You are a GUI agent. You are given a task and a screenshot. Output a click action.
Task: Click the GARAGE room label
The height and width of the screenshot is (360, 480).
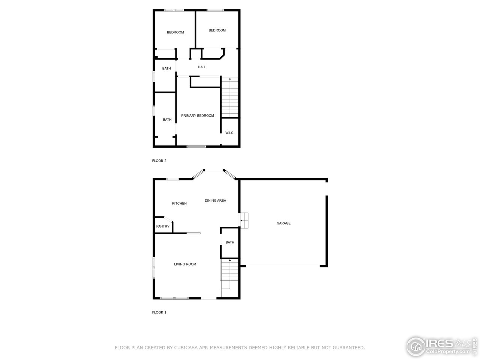(x=283, y=223)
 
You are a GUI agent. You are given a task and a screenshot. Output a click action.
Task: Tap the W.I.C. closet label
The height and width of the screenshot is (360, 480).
(x=229, y=133)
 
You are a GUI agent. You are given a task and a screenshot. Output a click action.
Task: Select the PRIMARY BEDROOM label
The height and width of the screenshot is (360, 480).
(x=198, y=115)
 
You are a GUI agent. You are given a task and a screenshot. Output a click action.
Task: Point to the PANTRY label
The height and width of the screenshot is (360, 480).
(x=163, y=226)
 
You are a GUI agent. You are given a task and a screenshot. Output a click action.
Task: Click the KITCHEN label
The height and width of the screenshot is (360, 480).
(x=179, y=204)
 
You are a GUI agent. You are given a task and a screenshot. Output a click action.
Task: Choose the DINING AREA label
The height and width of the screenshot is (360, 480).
(x=215, y=201)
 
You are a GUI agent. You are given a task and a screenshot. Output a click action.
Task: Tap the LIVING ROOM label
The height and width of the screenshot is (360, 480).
(x=185, y=264)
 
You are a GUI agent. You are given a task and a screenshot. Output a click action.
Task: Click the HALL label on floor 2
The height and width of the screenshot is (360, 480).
(x=202, y=67)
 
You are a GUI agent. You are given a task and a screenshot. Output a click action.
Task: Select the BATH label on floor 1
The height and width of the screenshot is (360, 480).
(x=230, y=243)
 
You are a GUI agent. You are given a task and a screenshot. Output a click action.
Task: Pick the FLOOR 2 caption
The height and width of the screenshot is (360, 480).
(x=159, y=161)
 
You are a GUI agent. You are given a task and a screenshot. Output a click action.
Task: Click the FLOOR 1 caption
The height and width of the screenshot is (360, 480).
(x=159, y=312)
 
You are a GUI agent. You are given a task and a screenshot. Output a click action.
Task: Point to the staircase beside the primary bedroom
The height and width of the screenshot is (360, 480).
(x=230, y=97)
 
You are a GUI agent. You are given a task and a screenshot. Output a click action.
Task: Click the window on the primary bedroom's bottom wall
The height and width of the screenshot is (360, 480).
(x=196, y=146)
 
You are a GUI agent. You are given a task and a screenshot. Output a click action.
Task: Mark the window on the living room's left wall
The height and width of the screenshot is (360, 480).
(x=154, y=268)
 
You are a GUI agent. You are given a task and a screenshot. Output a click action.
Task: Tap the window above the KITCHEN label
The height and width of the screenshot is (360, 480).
(x=172, y=179)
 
